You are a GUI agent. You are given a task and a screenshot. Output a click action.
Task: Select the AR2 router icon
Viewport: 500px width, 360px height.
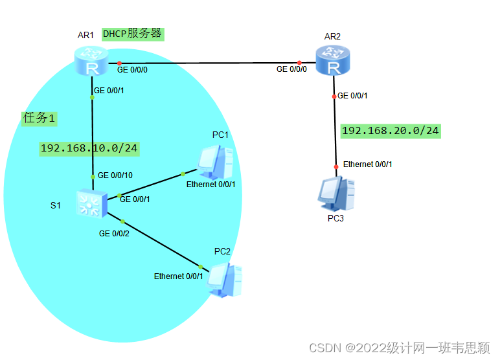click(332, 60)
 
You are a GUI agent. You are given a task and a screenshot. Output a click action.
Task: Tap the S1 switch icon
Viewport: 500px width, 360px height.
click(91, 204)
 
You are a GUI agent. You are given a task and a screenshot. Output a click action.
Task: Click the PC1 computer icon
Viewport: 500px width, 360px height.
click(216, 161)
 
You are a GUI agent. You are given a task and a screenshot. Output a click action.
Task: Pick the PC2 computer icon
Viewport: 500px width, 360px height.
click(227, 280)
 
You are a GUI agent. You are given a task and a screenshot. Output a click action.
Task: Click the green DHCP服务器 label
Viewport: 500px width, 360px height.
click(132, 34)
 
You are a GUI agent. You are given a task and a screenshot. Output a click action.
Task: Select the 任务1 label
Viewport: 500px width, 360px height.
click(40, 118)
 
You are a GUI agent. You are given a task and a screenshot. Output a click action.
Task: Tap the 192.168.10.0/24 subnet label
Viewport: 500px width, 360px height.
click(89, 148)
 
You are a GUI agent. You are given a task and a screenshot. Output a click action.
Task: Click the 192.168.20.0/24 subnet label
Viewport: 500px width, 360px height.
click(390, 131)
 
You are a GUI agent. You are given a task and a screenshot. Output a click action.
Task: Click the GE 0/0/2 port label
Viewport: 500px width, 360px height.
click(114, 233)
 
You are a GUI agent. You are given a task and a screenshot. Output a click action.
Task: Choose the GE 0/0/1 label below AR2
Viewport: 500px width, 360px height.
click(353, 96)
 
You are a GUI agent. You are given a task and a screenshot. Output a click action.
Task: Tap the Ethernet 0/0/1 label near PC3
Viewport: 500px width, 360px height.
click(367, 164)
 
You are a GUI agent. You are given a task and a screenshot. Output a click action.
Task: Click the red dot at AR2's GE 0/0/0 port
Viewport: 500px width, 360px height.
click(299, 63)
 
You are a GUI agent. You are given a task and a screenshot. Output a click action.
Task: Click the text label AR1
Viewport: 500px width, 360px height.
click(87, 34)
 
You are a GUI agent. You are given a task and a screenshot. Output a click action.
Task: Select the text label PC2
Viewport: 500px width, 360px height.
click(222, 251)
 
